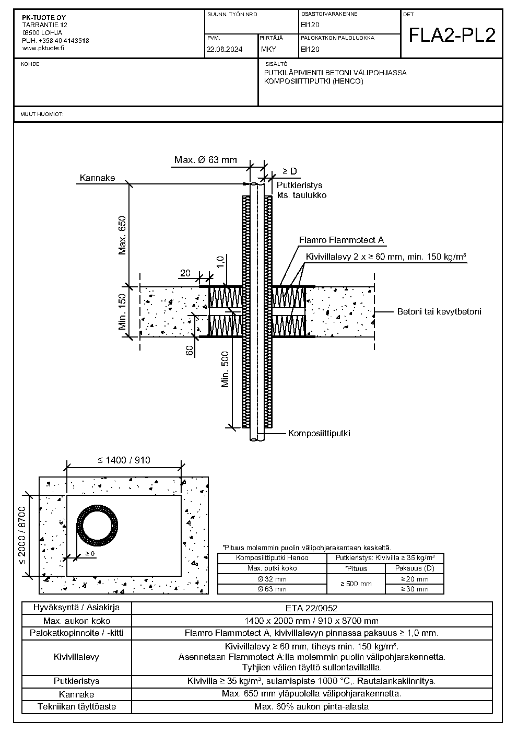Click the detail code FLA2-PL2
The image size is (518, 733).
click(x=452, y=36)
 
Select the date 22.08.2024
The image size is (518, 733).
click(x=225, y=50)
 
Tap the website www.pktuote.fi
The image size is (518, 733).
click(x=43, y=48)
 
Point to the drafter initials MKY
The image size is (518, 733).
click(x=268, y=50)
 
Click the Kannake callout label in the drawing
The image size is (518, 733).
click(x=98, y=178)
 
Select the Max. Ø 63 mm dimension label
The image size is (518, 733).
click(x=205, y=160)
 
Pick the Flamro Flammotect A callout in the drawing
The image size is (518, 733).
click(x=342, y=240)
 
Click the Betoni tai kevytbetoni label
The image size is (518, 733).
click(x=439, y=311)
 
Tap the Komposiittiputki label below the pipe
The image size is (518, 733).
click(x=319, y=433)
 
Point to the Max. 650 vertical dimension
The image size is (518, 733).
click(x=122, y=235)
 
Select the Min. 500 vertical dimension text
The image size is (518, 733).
click(x=225, y=369)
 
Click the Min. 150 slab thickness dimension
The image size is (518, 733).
click(x=122, y=312)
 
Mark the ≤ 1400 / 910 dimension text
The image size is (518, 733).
click(x=124, y=460)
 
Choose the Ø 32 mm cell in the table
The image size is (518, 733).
click(x=272, y=579)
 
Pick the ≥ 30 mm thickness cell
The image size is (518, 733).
click(x=415, y=589)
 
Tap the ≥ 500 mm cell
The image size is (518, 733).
click(x=356, y=584)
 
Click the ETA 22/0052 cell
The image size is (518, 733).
click(x=311, y=608)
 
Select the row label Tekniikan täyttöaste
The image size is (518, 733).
click(x=77, y=706)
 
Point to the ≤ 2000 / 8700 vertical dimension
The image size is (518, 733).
click(x=21, y=535)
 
